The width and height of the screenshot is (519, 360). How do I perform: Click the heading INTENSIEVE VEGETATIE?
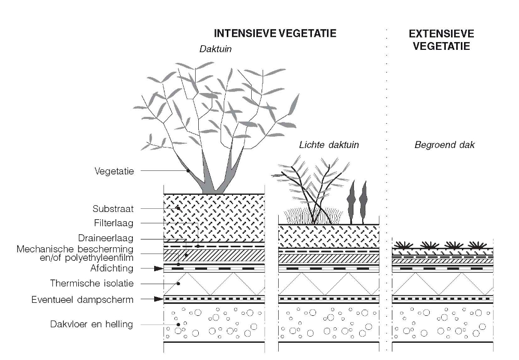(275, 34)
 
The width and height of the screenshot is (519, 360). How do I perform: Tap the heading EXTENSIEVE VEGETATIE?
(441, 39)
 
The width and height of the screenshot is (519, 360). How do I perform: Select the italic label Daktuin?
(215, 50)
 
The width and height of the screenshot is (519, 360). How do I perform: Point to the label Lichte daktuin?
(329, 145)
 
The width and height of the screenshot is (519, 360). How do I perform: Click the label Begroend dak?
(444, 145)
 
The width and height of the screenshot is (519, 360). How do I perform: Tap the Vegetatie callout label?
(114, 170)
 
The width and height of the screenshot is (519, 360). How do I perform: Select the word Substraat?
(113, 209)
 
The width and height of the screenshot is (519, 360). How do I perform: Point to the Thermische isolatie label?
(92, 284)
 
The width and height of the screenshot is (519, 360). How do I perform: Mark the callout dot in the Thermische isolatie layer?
(177, 284)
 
